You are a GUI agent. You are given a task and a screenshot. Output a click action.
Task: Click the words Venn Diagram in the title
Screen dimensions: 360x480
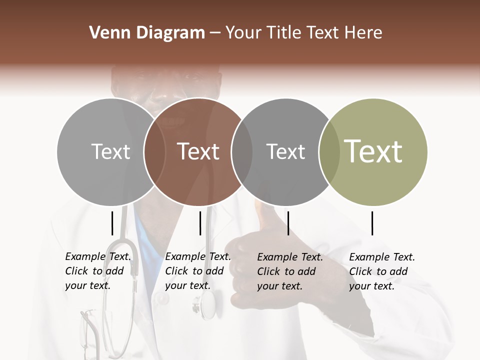click(x=147, y=33)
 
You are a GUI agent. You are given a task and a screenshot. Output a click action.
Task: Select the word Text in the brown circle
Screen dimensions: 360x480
click(x=198, y=151)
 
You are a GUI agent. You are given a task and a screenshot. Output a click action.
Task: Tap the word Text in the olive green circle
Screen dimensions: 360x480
click(x=373, y=151)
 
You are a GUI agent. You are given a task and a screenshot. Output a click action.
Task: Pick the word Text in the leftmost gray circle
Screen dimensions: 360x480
click(x=111, y=151)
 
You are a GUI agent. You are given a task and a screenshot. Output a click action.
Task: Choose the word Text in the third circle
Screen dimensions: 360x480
click(x=285, y=151)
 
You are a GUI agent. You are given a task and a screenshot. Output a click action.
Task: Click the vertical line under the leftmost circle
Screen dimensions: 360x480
click(x=112, y=223)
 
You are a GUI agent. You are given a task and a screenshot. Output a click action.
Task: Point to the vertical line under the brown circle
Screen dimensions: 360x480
click(x=200, y=223)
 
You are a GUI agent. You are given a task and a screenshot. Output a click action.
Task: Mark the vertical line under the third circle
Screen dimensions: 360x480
click(x=288, y=223)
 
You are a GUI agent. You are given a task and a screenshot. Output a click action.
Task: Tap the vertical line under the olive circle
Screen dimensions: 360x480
click(x=372, y=223)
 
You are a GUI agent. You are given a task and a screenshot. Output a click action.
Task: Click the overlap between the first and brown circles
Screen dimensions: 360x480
click(x=154, y=151)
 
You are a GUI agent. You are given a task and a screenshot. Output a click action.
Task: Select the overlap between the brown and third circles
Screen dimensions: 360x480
click(x=242, y=151)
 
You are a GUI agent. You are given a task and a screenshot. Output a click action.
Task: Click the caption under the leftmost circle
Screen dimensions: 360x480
click(x=98, y=271)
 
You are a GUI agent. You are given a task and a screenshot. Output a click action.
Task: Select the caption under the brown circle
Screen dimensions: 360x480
click(x=198, y=271)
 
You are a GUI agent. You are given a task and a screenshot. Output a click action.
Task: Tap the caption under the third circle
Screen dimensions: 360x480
click(x=290, y=271)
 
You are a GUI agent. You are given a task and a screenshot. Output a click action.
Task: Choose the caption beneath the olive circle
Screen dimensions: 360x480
click(x=382, y=271)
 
